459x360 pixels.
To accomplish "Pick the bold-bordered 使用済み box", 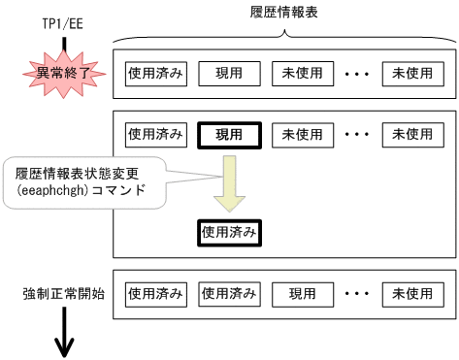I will (x=229, y=233).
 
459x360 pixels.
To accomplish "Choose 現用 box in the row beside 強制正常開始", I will (x=303, y=293).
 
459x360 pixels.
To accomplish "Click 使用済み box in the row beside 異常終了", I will (x=155, y=73).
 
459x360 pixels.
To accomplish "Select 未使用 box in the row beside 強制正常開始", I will (x=412, y=293).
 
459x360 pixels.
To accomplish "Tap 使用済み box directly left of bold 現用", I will (x=155, y=134).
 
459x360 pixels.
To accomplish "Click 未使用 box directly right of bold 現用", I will (x=303, y=134).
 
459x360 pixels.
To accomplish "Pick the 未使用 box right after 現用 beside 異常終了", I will (x=303, y=73).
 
